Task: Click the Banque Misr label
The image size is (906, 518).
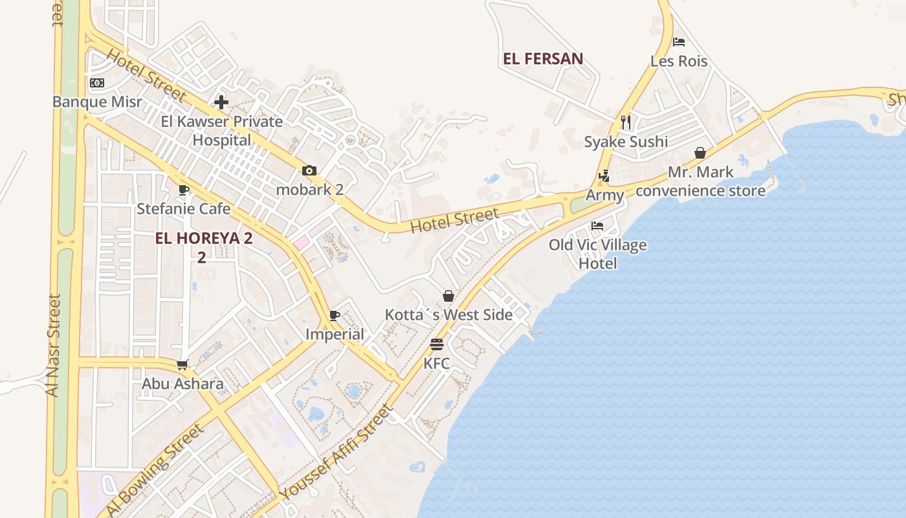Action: pos(96,102)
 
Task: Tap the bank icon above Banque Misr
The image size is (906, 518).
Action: pos(97,83)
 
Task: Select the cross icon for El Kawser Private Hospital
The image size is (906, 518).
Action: pos(221,102)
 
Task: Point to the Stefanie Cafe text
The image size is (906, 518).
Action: pos(183,208)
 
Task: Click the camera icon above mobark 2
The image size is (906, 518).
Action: pos(309,171)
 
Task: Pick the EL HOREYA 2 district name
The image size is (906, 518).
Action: pos(203,238)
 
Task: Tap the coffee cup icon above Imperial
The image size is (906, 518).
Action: pos(334,315)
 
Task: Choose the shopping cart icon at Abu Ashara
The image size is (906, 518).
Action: pos(182,365)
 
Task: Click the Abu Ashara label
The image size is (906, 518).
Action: pos(182,383)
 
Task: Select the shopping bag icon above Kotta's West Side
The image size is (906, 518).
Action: pos(448,296)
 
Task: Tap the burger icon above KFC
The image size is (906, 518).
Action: pos(436,344)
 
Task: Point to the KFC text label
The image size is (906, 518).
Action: pos(436,363)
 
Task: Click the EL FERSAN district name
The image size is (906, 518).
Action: pos(543,59)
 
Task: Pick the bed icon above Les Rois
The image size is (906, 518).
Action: pos(678,42)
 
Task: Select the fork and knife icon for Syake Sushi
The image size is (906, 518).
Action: pos(625,122)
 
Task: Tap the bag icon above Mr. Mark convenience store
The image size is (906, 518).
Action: pos(700,153)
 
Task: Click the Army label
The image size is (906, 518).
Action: pos(605,195)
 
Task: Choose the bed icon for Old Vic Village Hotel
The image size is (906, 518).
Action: pos(597,226)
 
